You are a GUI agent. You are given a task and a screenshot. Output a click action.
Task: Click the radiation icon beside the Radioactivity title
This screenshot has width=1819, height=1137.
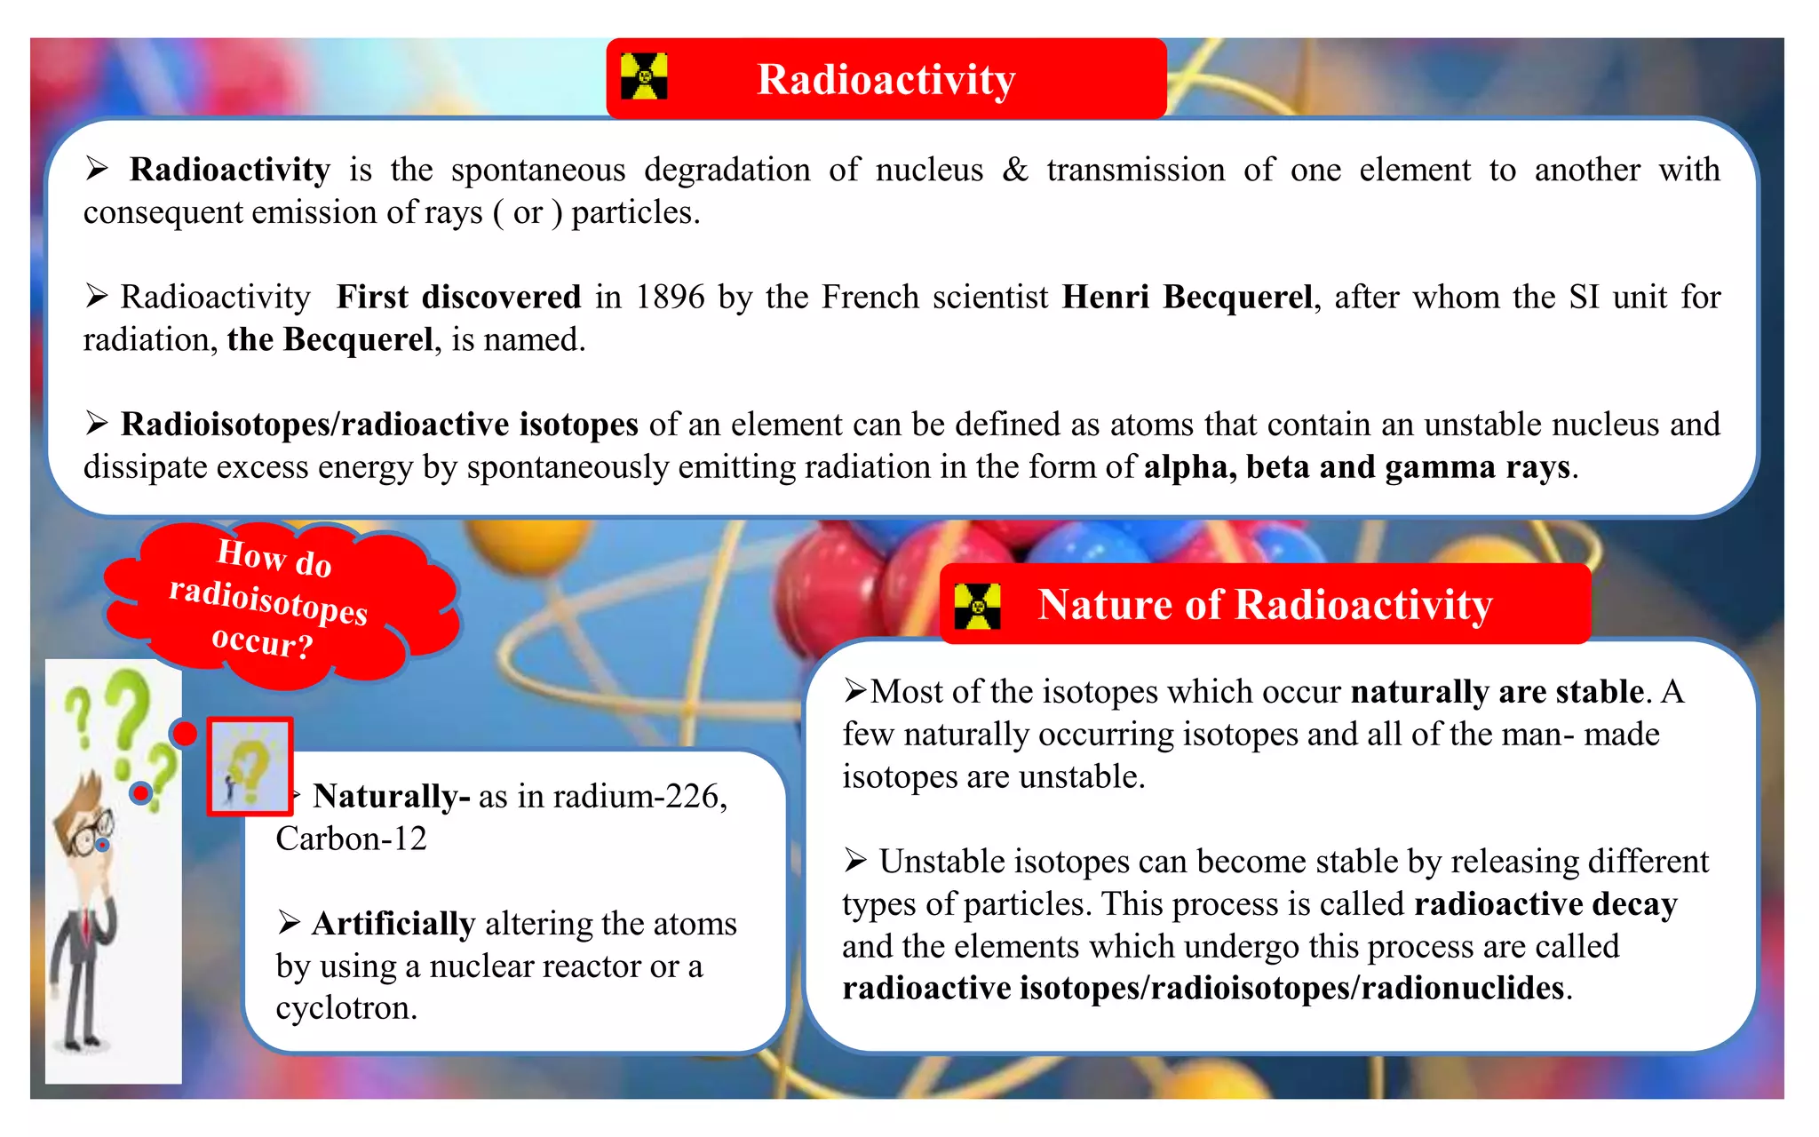click(x=644, y=76)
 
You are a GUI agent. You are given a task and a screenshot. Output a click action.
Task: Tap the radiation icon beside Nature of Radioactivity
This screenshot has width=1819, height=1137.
click(x=977, y=606)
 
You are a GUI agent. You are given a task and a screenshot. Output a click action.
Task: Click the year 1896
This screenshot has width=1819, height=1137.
click(x=671, y=297)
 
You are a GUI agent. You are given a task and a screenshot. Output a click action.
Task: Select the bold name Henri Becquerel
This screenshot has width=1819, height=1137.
click(x=1187, y=297)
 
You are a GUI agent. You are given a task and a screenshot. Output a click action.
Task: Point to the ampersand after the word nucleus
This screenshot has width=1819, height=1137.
click(x=1014, y=169)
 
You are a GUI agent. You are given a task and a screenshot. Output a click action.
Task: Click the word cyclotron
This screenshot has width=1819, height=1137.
click(x=346, y=1008)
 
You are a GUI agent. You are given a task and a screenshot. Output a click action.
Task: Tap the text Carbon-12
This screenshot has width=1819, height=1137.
click(x=351, y=839)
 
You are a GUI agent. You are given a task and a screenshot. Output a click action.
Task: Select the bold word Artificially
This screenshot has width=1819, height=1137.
click(x=393, y=924)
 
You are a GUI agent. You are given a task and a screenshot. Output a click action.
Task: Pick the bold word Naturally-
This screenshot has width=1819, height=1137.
click(x=391, y=796)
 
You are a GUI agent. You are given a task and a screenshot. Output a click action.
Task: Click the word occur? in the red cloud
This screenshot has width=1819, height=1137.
click(x=263, y=641)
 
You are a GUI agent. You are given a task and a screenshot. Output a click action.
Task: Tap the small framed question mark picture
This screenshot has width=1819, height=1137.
click(x=250, y=766)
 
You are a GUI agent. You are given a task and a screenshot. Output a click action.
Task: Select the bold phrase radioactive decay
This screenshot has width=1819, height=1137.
click(x=1545, y=904)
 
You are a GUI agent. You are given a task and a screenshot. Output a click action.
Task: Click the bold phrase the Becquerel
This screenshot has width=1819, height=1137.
click(x=330, y=339)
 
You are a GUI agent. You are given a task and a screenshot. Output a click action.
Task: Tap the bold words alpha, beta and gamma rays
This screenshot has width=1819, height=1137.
click(x=1357, y=467)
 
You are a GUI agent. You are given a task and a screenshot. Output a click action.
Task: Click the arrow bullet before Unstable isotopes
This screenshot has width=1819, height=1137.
click(x=855, y=861)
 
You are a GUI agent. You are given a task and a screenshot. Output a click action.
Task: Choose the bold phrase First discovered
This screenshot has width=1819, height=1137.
click(x=458, y=297)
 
